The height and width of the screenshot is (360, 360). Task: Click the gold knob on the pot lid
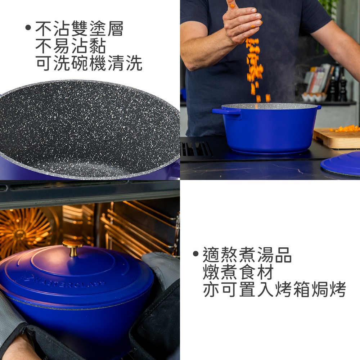click(x=73, y=248)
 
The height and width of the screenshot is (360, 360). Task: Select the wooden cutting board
click(x=336, y=138)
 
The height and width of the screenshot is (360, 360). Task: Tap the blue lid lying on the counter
click(x=341, y=164)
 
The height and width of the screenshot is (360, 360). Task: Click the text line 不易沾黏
click(x=71, y=46)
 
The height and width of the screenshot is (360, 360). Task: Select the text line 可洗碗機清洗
click(x=89, y=63)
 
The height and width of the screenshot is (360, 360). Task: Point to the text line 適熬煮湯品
click(x=247, y=255)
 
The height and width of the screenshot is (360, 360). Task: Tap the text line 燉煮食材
click(x=238, y=272)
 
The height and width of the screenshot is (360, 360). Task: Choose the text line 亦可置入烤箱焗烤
click(x=274, y=289)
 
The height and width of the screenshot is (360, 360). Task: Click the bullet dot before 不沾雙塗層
click(x=28, y=28)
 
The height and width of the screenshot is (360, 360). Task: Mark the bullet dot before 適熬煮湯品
click(x=195, y=254)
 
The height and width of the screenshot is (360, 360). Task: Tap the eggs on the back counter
click(x=314, y=96)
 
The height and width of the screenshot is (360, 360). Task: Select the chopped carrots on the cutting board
click(x=345, y=129)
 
